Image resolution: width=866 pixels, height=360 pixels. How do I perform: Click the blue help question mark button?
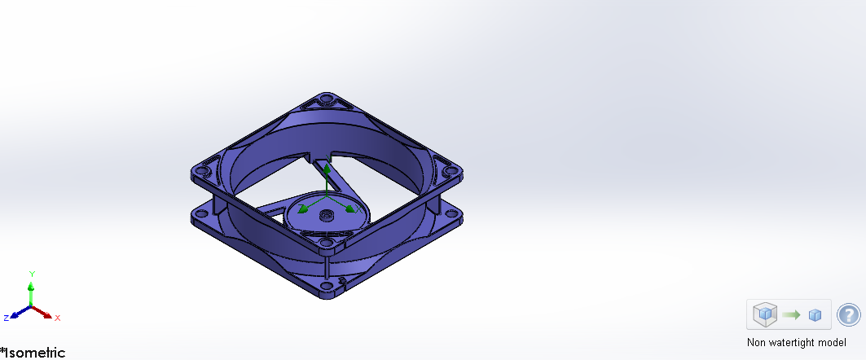[x=848, y=314]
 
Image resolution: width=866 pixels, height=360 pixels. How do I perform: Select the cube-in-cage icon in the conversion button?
[x=765, y=314]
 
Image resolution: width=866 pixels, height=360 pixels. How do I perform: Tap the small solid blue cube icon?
[x=815, y=315]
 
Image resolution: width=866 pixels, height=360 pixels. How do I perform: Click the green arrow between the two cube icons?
[x=791, y=314]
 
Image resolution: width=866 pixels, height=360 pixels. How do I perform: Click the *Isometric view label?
[x=33, y=353]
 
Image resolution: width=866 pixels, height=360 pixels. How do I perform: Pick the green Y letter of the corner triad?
[x=31, y=274]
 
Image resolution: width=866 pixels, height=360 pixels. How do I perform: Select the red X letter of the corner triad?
[x=58, y=318]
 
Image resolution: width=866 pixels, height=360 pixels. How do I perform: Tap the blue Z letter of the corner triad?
[x=6, y=318]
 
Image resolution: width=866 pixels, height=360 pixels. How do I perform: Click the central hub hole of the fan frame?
[x=327, y=216]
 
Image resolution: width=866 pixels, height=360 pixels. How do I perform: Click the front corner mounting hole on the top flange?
[x=326, y=242]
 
